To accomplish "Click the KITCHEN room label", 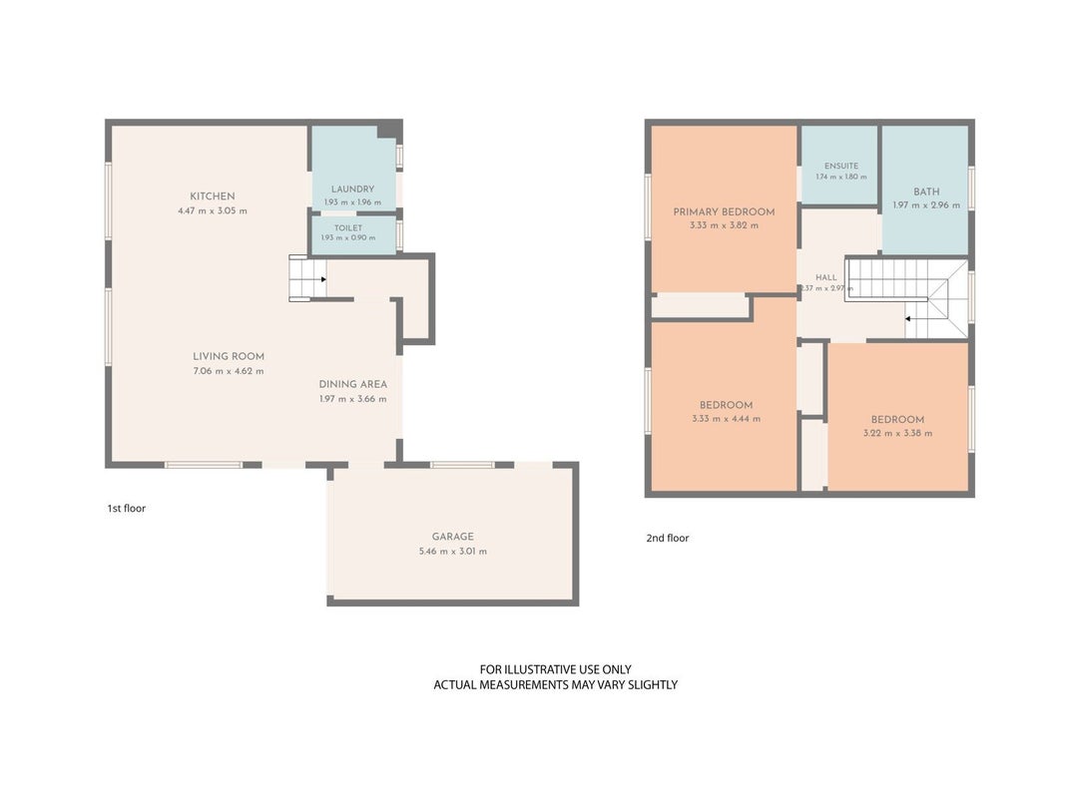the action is (213, 197).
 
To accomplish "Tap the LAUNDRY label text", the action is (352, 190).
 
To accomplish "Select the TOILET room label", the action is (348, 228).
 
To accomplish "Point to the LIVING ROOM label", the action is (229, 356).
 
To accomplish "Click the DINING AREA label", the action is (353, 384).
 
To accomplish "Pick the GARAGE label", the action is (453, 537).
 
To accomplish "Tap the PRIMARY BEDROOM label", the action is (724, 211).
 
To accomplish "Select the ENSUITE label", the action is (841, 166).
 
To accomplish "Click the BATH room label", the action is (926, 193).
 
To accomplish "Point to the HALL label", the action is (826, 277).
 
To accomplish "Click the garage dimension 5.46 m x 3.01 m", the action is (453, 552).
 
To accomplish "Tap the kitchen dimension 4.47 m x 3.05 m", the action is (213, 211).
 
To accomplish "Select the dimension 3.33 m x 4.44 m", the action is (726, 419).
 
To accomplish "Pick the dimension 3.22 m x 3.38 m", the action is (898, 434).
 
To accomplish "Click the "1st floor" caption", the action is (127, 509).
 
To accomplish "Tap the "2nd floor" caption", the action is (668, 538).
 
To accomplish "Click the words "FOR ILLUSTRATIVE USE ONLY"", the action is (556, 669).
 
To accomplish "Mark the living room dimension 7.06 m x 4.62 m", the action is (229, 371).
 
